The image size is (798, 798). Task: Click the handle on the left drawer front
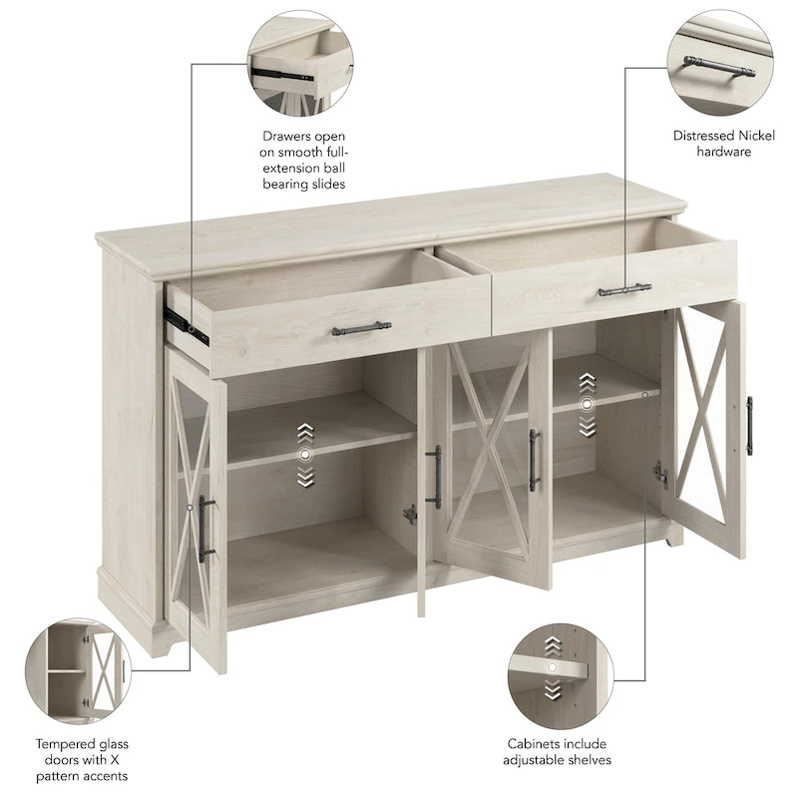(x=361, y=328)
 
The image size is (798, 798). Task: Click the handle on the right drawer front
(x=624, y=290)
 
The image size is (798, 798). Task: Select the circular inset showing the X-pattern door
(x=75, y=664)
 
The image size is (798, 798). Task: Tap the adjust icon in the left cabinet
(x=304, y=454)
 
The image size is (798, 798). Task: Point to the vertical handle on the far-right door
(x=748, y=425)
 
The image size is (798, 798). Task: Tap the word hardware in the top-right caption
(x=724, y=152)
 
